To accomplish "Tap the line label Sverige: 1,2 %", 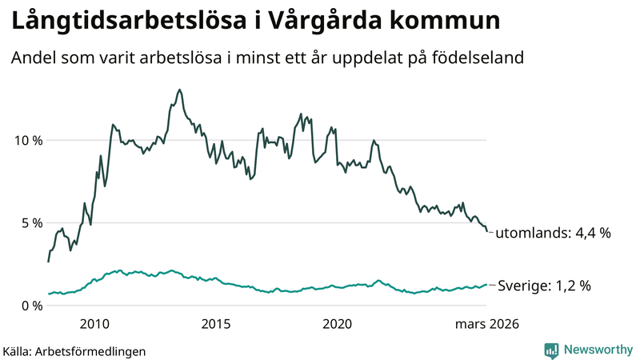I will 544,286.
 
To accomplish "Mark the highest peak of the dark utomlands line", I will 179,90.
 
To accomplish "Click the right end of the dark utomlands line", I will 487,232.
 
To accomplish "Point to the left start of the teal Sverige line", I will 49,294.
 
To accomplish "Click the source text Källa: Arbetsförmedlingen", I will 74,350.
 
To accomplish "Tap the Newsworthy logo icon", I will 551,350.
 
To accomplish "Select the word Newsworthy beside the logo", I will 598,350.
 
